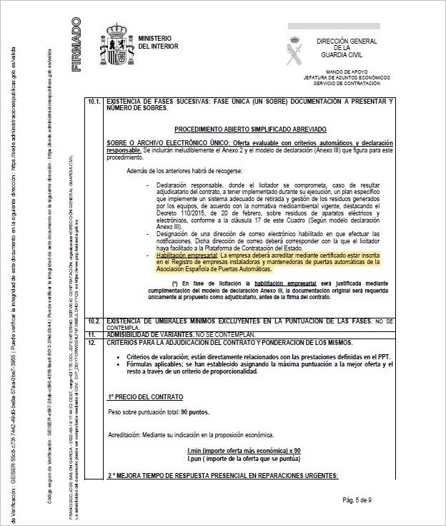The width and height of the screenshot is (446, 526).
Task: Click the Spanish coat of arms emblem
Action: click(x=115, y=41)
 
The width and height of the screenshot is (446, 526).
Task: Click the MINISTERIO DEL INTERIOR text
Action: click(x=158, y=42)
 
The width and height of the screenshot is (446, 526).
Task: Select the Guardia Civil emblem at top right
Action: click(x=294, y=39)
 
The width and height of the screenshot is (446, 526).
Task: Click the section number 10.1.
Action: click(x=94, y=102)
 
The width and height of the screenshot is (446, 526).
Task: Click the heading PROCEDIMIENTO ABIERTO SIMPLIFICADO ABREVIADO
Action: click(x=249, y=129)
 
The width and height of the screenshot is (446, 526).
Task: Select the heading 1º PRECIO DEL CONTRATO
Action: click(x=146, y=396)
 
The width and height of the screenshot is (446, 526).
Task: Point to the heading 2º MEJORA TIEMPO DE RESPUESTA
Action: click(x=222, y=476)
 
